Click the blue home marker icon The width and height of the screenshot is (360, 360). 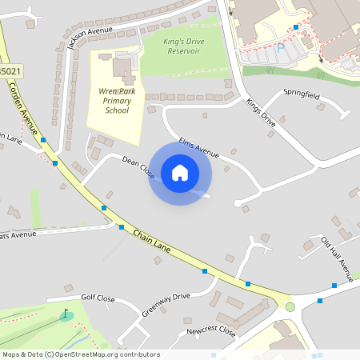click(x=180, y=173)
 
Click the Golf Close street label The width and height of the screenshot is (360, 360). click(x=98, y=299)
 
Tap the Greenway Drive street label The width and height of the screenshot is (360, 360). click(x=166, y=303)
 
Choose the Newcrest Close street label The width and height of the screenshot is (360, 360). click(x=210, y=330)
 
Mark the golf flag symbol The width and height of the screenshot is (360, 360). click(x=65, y=313)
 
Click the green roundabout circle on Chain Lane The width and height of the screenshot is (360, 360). click(x=290, y=306)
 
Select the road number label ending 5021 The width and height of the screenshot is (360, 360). click(x=10, y=71)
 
